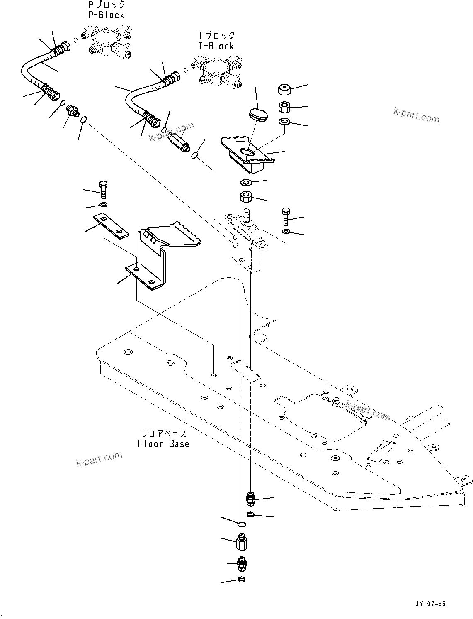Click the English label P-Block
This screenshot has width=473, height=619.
click(106, 15)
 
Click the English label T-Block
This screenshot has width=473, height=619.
click(216, 46)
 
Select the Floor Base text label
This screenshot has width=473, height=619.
click(163, 444)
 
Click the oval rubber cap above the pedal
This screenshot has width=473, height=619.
click(258, 114)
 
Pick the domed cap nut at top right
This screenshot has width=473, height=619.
click(284, 89)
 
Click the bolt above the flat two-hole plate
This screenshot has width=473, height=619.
click(103, 189)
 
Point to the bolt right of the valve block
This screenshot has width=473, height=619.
click(286, 216)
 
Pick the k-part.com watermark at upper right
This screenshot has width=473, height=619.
click(416, 115)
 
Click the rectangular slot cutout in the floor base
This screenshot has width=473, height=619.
click(245, 371)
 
